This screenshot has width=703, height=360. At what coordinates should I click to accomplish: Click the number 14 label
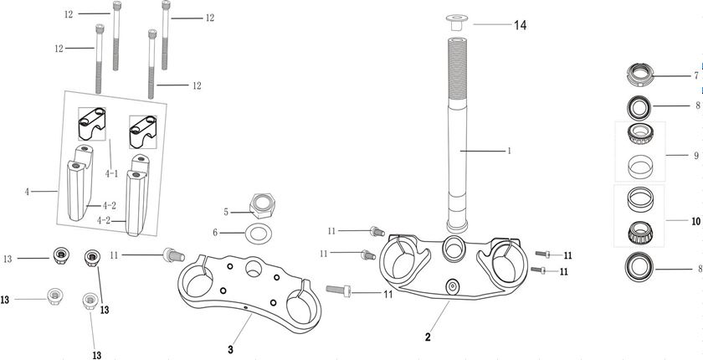520,25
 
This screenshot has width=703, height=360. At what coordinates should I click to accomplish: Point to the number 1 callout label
508,152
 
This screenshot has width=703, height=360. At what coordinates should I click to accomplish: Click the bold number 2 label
428,337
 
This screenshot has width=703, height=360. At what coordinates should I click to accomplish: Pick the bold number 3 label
230,348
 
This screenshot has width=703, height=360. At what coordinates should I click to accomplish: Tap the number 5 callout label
225,212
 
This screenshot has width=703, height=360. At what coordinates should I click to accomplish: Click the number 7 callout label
695,76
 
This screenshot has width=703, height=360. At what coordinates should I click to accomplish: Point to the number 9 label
695,155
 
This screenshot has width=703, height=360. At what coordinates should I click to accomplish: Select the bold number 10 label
695,222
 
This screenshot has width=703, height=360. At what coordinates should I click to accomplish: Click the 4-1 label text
111,174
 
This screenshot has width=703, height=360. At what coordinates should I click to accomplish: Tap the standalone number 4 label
28,192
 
